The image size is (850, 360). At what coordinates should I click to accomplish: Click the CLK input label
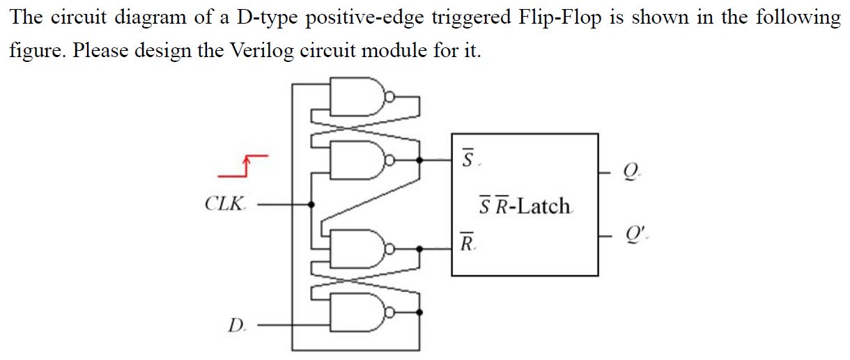click(225, 205)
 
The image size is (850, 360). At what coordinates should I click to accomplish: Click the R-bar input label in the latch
click(468, 243)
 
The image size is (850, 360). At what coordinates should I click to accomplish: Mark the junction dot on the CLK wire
click(311, 205)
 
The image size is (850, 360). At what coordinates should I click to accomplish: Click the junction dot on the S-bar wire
click(419, 160)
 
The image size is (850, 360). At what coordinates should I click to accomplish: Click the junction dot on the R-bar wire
click(419, 249)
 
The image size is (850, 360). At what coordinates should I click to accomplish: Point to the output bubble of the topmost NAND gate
click(391, 97)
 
